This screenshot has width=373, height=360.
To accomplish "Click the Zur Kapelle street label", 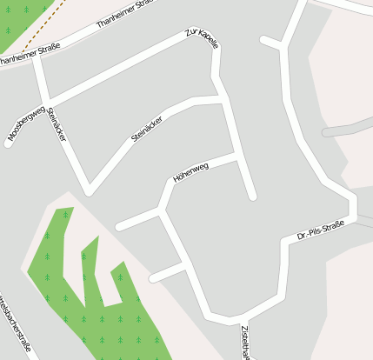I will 202,38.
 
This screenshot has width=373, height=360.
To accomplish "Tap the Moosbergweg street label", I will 25,123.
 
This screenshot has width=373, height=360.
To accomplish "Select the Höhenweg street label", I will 191,172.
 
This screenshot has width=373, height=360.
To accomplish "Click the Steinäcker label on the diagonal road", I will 146,129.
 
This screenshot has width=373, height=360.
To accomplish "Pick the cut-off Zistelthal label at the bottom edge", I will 246,343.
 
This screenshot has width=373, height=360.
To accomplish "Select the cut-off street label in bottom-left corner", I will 16,326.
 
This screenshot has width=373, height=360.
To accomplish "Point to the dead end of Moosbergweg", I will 9,142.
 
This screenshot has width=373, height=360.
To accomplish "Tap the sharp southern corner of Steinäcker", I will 89,190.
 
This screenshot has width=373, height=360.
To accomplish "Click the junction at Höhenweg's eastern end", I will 236,157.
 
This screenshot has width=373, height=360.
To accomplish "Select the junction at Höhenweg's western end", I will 161,209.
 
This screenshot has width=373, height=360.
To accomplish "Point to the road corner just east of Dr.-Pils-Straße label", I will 353,215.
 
